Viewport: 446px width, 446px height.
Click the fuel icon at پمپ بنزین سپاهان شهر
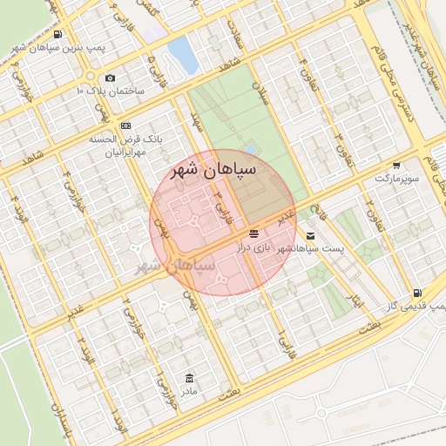click(x=57, y=34)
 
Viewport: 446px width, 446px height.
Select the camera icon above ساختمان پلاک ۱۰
click(x=111, y=78)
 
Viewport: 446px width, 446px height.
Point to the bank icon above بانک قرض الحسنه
click(x=126, y=125)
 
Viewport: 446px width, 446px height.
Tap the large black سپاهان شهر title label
click(x=213, y=170)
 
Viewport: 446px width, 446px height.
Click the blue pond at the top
click(x=183, y=54)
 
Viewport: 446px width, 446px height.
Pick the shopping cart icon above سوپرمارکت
click(x=397, y=165)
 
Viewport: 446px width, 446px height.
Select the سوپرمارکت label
click(x=396, y=178)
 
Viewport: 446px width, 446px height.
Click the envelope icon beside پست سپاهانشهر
click(x=311, y=236)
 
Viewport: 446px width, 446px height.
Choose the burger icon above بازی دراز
click(x=253, y=234)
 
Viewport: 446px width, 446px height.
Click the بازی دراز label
click(x=253, y=248)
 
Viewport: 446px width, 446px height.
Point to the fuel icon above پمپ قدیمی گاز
click(x=419, y=293)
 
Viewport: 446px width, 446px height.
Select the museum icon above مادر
click(x=190, y=377)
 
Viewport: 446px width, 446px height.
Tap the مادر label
click(x=190, y=391)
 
